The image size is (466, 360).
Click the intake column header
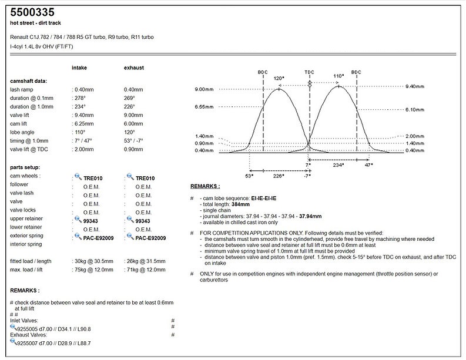pos(79,68)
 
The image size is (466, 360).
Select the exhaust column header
pos(134,68)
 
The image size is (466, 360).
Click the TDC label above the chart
pos(309,72)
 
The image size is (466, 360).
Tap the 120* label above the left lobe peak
pos(279,77)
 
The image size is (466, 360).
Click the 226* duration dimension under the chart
pos(279,175)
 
